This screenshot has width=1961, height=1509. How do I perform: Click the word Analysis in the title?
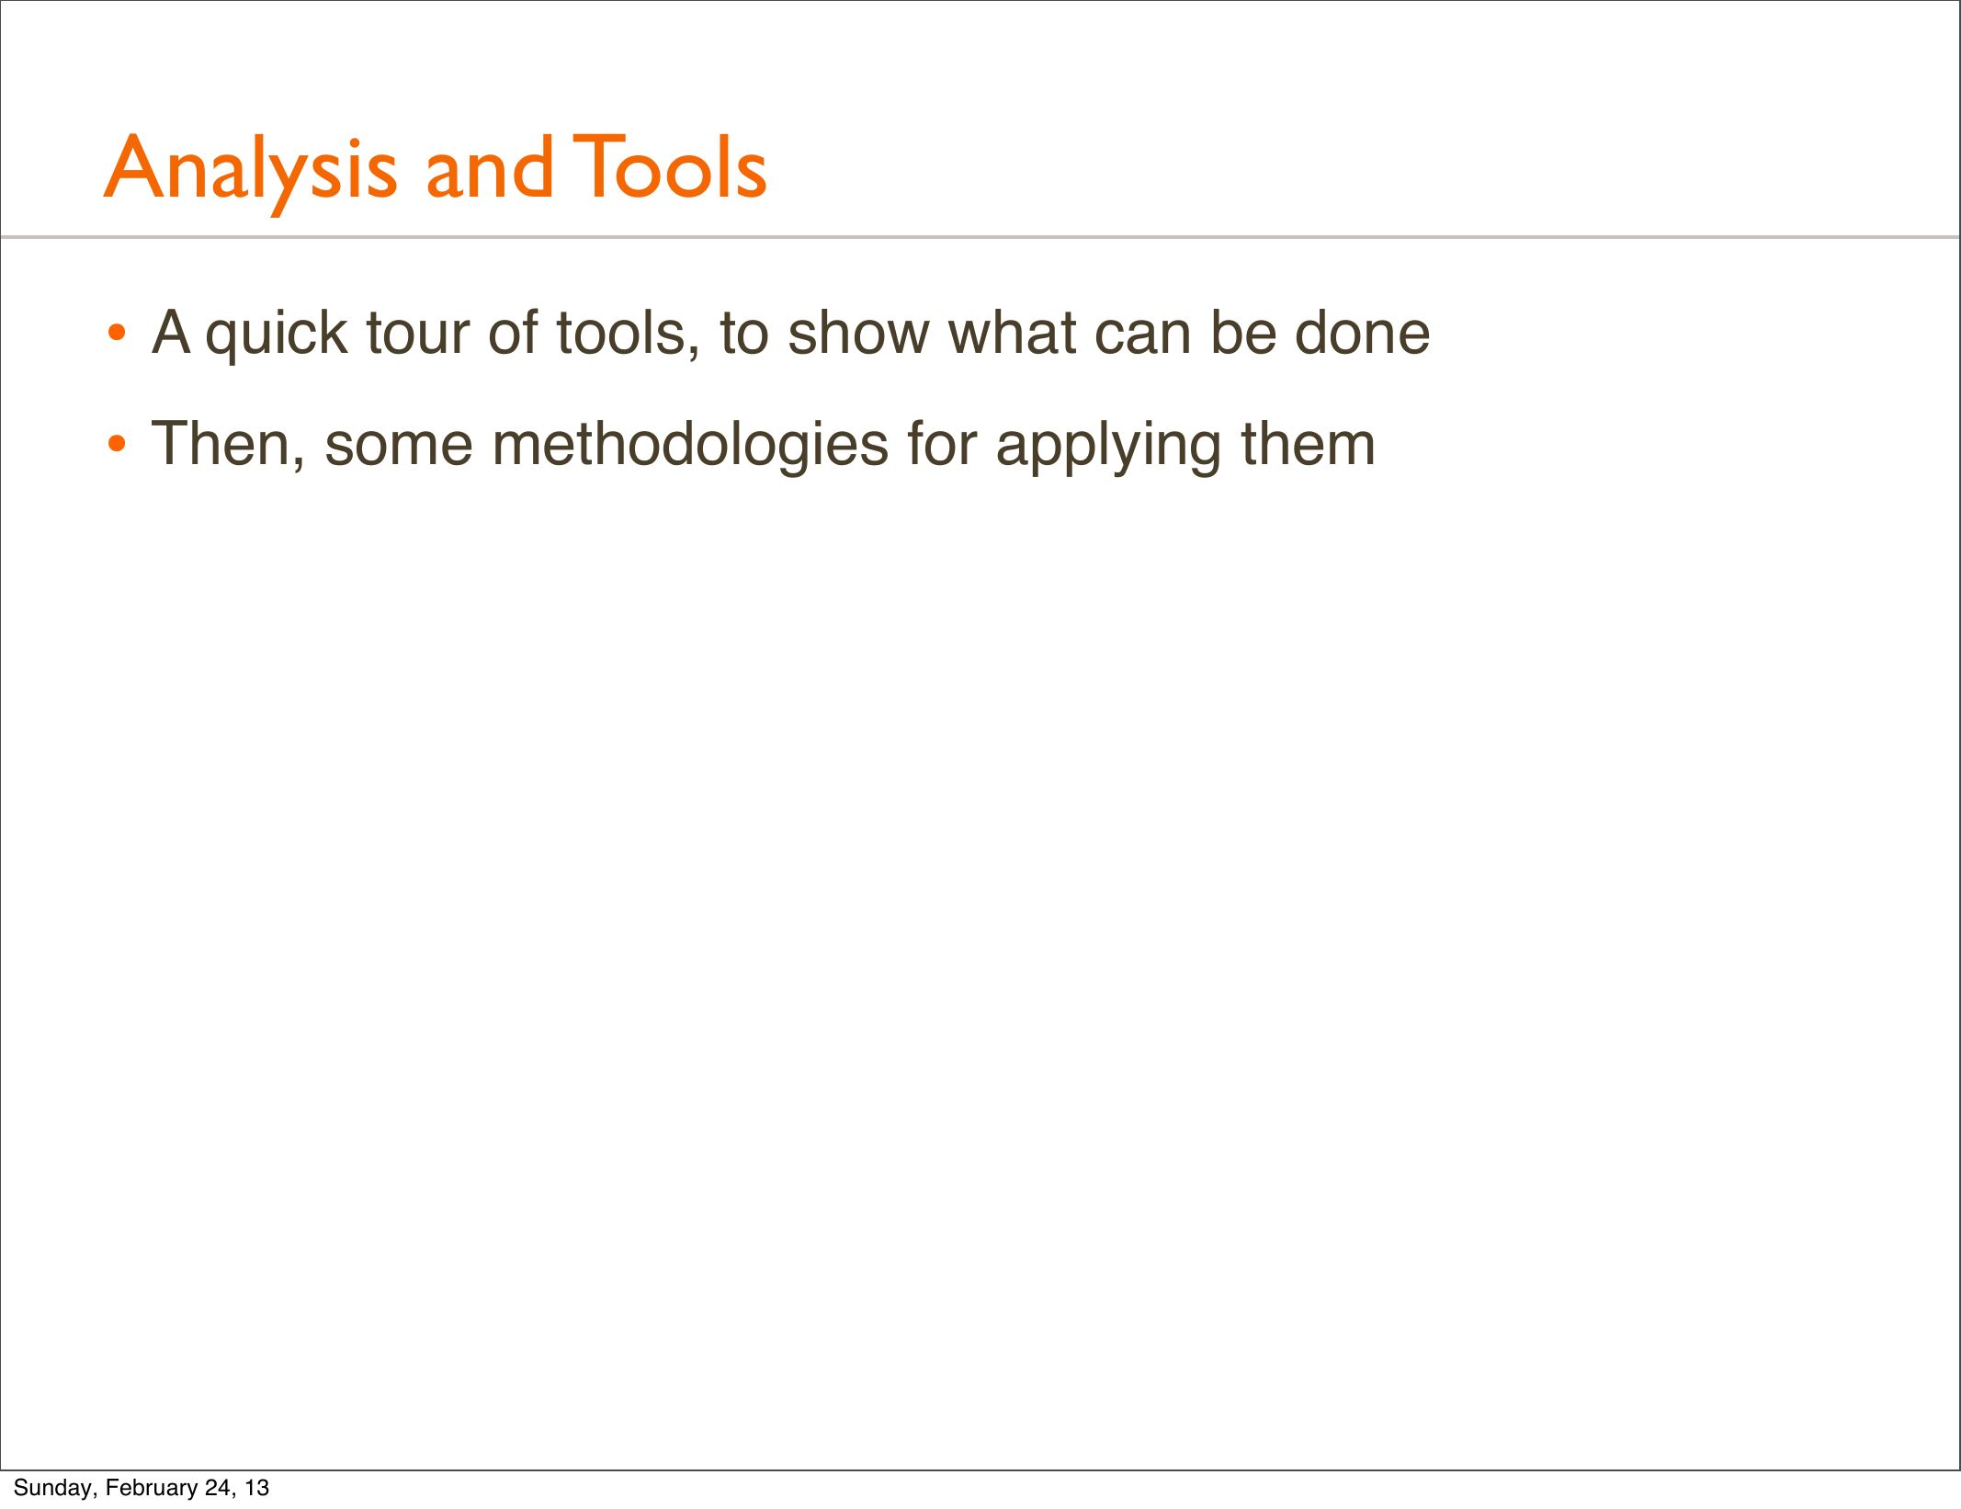pyautogui.click(x=250, y=172)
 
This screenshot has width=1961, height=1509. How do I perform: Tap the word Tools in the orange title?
pyautogui.click(x=670, y=166)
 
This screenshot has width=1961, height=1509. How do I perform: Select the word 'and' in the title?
pyautogui.click(x=490, y=166)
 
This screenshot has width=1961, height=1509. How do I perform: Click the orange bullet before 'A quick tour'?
pyautogui.click(x=116, y=333)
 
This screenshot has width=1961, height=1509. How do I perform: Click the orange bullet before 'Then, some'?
pyautogui.click(x=116, y=445)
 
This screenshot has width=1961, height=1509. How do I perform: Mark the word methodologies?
pyautogui.click(x=690, y=448)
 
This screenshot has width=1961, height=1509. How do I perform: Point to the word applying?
pyautogui.click(x=1108, y=448)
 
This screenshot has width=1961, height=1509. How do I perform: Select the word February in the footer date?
pyautogui.click(x=153, y=1488)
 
